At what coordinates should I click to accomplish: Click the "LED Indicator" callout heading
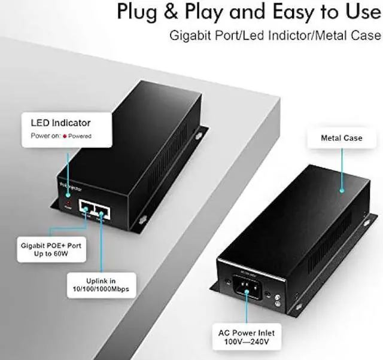tap(60, 123)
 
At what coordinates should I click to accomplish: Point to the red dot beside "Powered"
tap(65, 136)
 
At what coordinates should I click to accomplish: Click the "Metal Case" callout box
tap(342, 138)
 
